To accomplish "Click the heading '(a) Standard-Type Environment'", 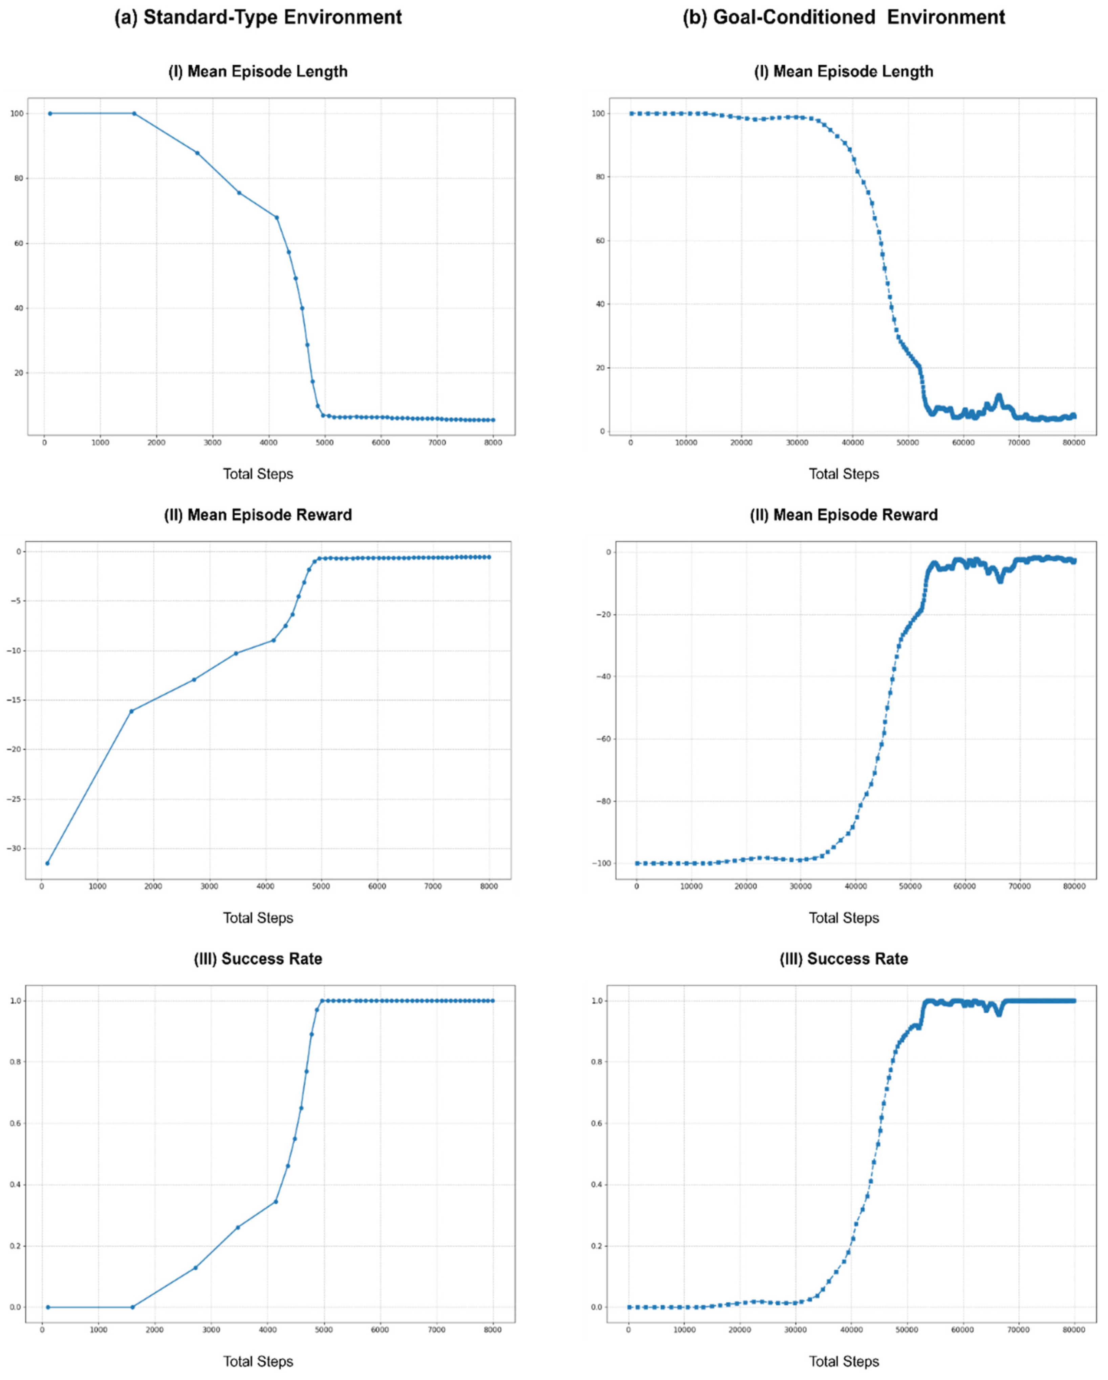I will point(258,17).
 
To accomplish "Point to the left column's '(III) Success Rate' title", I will point(258,959).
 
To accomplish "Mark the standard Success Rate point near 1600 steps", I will point(132,1307).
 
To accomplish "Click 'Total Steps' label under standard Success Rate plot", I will point(258,1361).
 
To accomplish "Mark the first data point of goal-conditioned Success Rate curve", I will point(629,1307).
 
